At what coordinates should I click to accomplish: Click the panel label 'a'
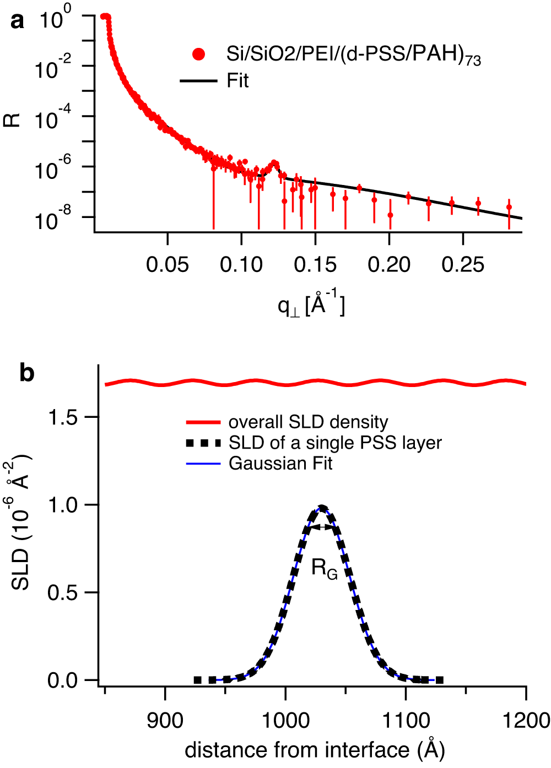point(18,21)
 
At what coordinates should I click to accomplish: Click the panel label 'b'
point(26,373)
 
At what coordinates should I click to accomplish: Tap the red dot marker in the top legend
point(198,54)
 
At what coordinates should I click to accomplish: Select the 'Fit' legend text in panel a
point(237,81)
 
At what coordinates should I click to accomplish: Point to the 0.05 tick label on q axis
point(168,265)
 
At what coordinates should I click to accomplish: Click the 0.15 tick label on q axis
point(315,265)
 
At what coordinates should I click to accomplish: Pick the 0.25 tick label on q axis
point(463,265)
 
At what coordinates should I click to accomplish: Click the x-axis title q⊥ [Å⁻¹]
point(311,304)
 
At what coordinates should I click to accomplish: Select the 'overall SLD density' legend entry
point(308,422)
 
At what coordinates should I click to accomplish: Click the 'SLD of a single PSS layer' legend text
point(335,443)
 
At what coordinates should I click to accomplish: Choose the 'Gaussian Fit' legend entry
point(280,464)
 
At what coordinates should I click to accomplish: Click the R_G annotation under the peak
point(324,568)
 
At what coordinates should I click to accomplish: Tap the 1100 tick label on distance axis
point(406,720)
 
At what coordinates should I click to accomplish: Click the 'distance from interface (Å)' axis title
point(315,750)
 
